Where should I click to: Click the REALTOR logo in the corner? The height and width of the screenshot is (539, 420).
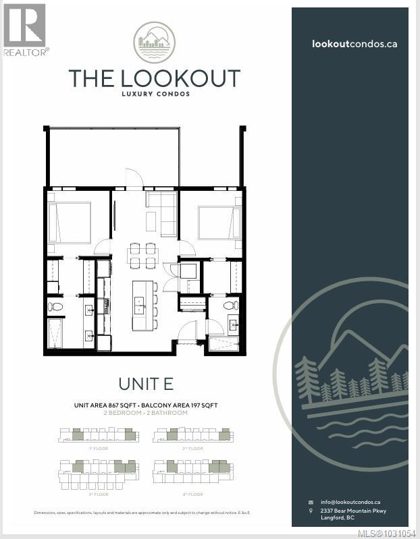click(25, 29)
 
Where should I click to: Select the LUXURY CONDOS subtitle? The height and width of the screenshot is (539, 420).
click(154, 94)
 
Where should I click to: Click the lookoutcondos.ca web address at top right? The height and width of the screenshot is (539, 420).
click(354, 43)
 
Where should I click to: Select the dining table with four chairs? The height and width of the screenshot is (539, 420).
click(143, 255)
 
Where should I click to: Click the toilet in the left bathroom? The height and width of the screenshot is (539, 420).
click(55, 307)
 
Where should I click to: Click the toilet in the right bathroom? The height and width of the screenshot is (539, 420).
click(231, 306)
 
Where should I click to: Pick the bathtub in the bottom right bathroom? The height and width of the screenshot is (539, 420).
click(224, 344)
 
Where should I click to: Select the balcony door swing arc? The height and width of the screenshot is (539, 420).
click(134, 177)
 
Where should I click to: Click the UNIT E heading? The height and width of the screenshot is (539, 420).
click(145, 384)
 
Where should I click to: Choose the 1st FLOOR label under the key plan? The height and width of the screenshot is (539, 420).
click(99, 448)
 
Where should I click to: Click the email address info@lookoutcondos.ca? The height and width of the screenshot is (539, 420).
click(350, 502)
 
